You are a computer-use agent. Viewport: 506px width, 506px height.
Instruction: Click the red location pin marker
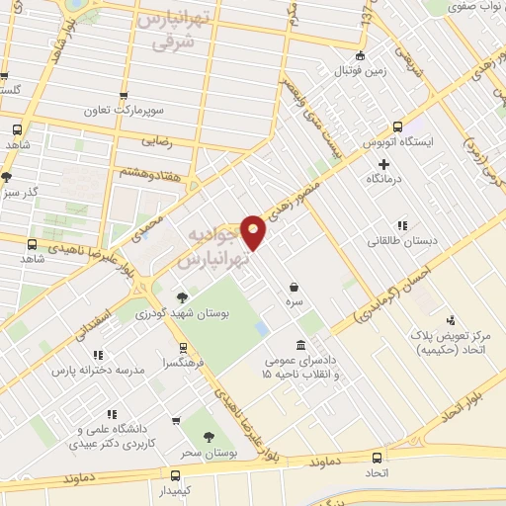tap(255, 231)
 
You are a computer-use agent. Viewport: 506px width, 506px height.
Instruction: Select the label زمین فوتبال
tap(360, 70)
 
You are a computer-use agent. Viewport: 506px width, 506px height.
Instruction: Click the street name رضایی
tap(160, 141)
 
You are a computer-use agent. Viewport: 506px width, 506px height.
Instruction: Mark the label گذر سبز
tap(18, 191)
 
